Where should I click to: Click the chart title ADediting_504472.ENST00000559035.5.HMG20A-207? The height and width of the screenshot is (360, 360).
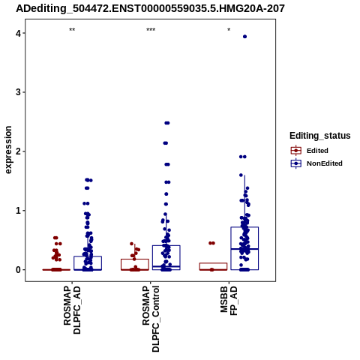point(150,9)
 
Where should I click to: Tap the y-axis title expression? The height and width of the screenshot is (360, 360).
point(8,150)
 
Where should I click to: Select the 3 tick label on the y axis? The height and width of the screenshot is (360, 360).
point(19,92)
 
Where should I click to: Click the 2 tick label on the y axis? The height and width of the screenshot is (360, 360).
point(19,151)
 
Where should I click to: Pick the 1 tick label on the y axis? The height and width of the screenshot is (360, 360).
point(19,211)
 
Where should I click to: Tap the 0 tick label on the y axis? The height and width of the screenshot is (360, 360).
point(19,270)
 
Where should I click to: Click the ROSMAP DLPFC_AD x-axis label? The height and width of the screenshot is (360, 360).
point(72,310)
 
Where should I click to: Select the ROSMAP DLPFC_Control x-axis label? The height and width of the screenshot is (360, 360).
point(151,319)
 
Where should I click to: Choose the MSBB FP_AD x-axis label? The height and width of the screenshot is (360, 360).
point(229,301)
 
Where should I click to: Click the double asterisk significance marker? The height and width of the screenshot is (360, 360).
point(72,30)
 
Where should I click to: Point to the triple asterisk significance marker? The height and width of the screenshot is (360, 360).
point(151,30)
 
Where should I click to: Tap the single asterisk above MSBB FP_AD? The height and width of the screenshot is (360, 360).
point(229,30)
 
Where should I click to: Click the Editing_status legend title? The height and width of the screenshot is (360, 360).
point(320,136)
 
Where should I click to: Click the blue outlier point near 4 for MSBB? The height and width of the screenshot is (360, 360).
point(244,37)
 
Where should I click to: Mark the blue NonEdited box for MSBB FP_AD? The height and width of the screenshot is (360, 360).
point(244,227)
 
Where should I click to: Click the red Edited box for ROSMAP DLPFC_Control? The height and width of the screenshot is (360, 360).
point(135,259)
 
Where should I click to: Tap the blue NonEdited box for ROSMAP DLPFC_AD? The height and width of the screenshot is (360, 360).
point(88,256)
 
